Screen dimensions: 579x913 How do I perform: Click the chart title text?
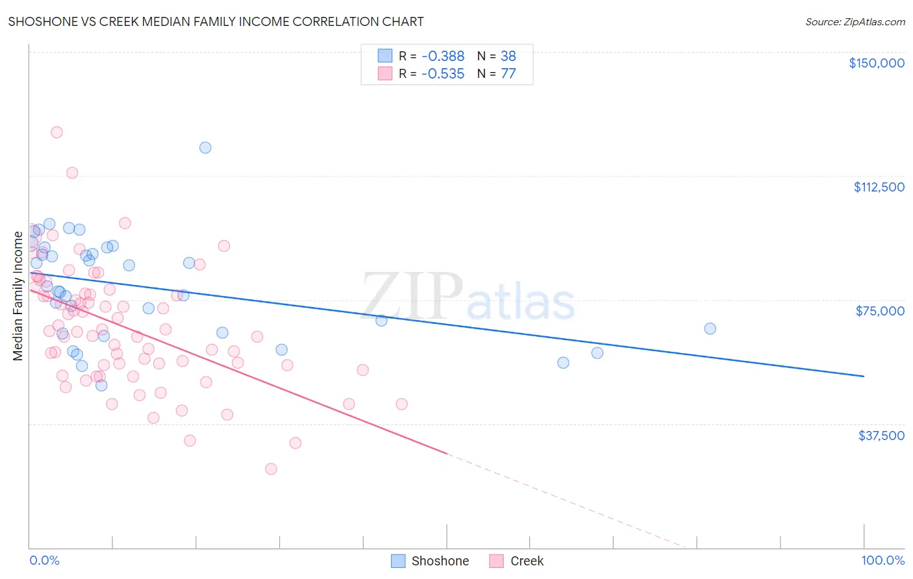[x=216, y=21]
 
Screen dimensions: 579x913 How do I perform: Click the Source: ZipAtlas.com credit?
[x=855, y=21]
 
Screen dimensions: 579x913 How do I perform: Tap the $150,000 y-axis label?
[x=876, y=63]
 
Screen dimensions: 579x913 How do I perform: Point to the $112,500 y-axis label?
[x=879, y=187]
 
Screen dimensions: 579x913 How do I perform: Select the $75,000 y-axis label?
[x=880, y=311]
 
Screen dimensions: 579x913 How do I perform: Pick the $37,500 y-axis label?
[x=881, y=436]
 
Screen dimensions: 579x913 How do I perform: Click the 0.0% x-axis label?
[x=44, y=560]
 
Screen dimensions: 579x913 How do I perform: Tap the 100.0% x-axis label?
[x=882, y=560]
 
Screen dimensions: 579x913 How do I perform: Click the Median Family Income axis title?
[x=18, y=296]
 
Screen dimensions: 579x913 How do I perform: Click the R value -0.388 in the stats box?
[x=442, y=56]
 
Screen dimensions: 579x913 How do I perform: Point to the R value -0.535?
[x=442, y=74]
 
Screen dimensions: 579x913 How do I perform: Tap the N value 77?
[x=508, y=74]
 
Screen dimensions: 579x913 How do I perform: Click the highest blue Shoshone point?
[x=205, y=147]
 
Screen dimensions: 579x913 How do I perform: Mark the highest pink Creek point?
[x=56, y=132]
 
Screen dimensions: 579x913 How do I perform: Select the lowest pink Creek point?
[x=271, y=469]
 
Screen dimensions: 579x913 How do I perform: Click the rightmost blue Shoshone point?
[x=710, y=328]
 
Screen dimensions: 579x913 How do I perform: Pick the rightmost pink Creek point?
[x=401, y=404]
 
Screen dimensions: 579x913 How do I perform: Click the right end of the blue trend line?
[x=864, y=376]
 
